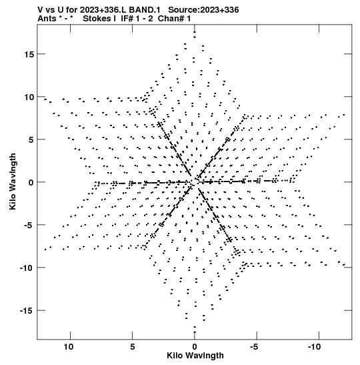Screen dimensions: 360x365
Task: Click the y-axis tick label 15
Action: [29, 54]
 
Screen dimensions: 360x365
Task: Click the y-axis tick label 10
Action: [29, 97]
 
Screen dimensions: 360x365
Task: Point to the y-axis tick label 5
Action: [31, 139]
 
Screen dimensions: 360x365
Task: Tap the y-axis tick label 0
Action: [31, 183]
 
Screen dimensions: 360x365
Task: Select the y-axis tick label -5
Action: [29, 225]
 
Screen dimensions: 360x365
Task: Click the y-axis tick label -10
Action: [27, 268]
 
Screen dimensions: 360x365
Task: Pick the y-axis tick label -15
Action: [27, 311]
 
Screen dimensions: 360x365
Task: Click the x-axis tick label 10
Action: [69, 347]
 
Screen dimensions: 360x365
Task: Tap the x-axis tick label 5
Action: [132, 347]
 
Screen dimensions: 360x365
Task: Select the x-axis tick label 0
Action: [195, 347]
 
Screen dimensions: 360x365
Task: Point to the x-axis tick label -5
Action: [254, 347]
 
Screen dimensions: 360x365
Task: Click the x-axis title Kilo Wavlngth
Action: [195, 356]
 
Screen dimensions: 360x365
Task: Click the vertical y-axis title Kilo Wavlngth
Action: [13, 181]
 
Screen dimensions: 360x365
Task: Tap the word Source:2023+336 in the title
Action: [203, 10]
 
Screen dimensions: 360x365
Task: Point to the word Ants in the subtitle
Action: [47, 19]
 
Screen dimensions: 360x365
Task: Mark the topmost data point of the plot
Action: [195, 32]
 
